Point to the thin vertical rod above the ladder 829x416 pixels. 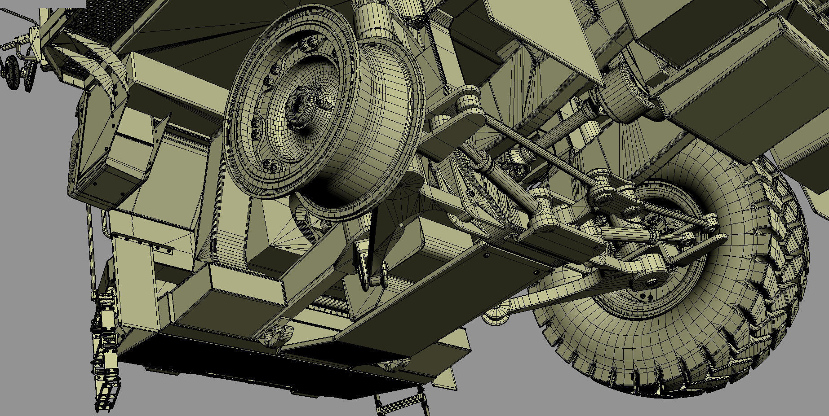coord(92,251)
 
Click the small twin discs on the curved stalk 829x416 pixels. coord(18,72)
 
